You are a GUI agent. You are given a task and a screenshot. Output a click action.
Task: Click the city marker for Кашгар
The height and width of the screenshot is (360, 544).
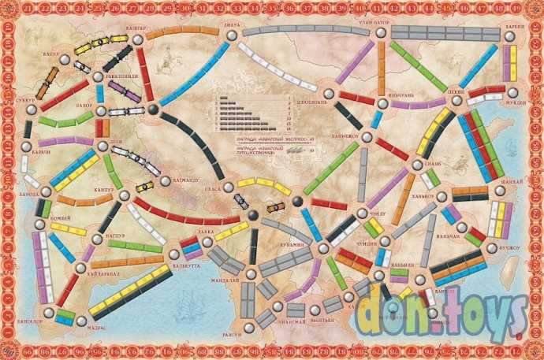point(138,39)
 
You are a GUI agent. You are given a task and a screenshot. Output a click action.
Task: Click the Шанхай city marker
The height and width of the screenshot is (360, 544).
point(499,190)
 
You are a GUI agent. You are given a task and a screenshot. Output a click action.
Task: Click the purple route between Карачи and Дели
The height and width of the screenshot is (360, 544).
point(63,141)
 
